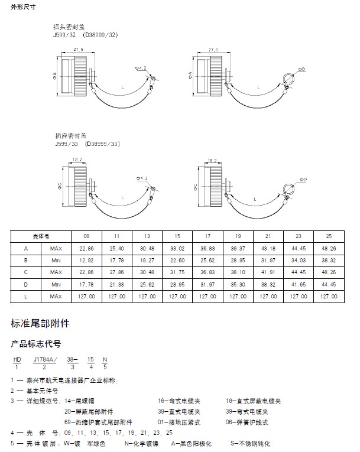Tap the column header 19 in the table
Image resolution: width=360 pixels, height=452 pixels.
pos(238,235)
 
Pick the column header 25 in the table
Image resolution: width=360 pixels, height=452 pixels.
pos(329,235)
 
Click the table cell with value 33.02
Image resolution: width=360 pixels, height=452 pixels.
pos(177,248)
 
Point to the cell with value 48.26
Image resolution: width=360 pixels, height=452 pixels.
pos(329,248)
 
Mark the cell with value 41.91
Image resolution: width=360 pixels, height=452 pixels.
pos(268,272)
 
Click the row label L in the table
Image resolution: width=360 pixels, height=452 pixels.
pos(25,296)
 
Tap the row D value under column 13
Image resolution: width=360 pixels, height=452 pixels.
pos(147,284)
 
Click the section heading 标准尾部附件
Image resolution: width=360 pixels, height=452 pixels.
pos(40,323)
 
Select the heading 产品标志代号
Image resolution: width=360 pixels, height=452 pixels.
pos(35,343)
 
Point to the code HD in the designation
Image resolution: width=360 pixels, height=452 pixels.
pos(17,359)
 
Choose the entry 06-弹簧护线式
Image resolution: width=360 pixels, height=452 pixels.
pos(247,422)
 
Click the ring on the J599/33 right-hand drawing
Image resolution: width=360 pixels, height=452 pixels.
pos(288,188)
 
